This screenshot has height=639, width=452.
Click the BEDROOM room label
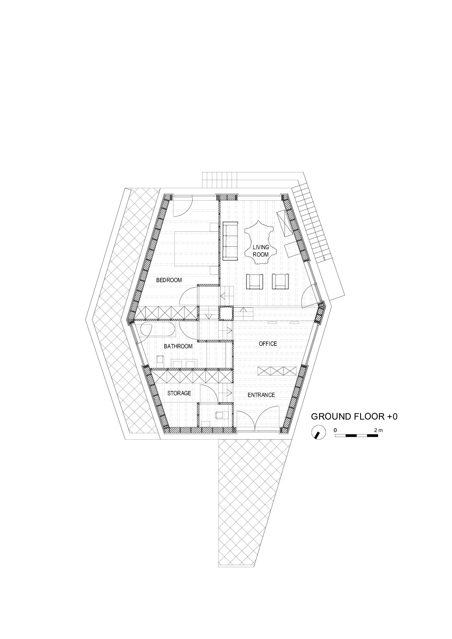[169, 280]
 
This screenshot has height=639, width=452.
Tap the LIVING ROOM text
[261, 251]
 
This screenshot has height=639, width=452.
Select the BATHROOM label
[178, 346]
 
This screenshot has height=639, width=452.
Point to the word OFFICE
[268, 344]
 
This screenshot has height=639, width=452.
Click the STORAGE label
[179, 393]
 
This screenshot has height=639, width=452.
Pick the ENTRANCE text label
[261, 395]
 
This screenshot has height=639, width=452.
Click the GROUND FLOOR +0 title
[354, 417]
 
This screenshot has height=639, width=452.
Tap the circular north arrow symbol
[318, 432]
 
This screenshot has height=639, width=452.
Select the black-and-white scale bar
[356, 436]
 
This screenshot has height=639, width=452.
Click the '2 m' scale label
[379, 430]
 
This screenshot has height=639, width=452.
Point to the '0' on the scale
[335, 430]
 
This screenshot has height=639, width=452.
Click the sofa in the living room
[230, 241]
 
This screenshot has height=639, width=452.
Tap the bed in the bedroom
[197, 248]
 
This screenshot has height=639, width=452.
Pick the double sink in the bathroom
[184, 363]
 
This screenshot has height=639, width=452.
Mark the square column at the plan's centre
[226, 313]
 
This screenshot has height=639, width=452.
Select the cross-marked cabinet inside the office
[277, 371]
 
